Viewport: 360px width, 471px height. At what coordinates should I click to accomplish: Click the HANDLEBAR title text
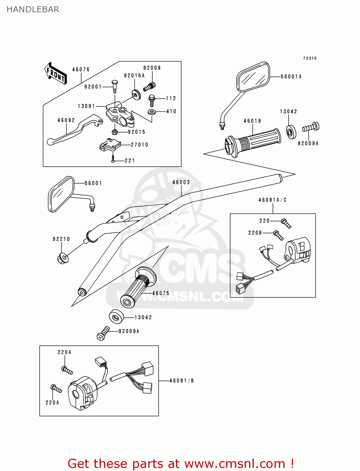(33, 9)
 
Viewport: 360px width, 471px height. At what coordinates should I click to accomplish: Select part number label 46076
(81, 69)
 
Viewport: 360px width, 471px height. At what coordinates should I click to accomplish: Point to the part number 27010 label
(139, 145)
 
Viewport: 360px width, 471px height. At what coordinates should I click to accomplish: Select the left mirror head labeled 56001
(61, 194)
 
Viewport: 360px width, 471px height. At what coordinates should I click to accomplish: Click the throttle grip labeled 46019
(253, 142)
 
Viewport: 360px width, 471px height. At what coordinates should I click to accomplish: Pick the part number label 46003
(181, 182)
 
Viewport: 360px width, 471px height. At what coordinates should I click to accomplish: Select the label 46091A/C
(272, 200)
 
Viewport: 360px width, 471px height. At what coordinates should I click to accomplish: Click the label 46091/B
(182, 381)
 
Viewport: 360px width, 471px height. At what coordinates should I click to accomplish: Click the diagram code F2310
(310, 58)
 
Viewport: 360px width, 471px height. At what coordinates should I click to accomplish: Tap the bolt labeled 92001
(114, 86)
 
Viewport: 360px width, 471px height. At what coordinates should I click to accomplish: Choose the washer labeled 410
(152, 112)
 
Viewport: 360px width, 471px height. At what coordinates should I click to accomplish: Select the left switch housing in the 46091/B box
(82, 392)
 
